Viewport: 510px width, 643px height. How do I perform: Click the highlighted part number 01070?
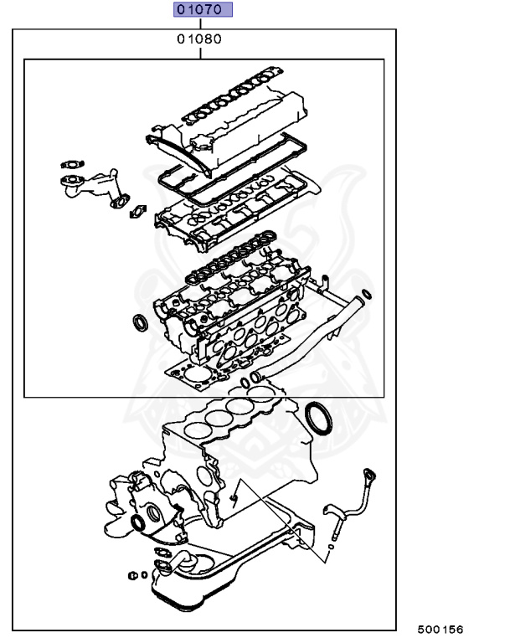tap(201, 11)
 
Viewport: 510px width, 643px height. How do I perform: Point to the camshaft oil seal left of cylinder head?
tap(137, 322)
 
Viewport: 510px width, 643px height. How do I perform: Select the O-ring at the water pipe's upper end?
tap(365, 292)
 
